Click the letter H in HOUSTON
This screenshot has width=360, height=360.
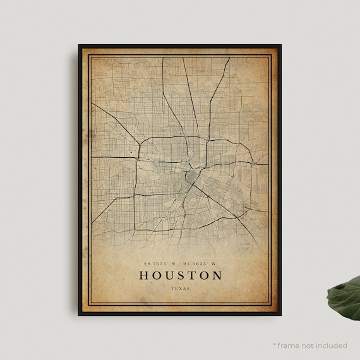click(143, 275)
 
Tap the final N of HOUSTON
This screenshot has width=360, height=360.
click(217, 275)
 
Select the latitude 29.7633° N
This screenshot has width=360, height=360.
click(160, 263)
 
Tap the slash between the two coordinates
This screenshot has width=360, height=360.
click(180, 263)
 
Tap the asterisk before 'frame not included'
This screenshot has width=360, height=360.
click(275, 345)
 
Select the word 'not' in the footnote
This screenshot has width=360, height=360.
click(307, 345)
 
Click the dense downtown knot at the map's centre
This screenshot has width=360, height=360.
click(189, 174)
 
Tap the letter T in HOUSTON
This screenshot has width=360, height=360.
click(191, 275)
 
